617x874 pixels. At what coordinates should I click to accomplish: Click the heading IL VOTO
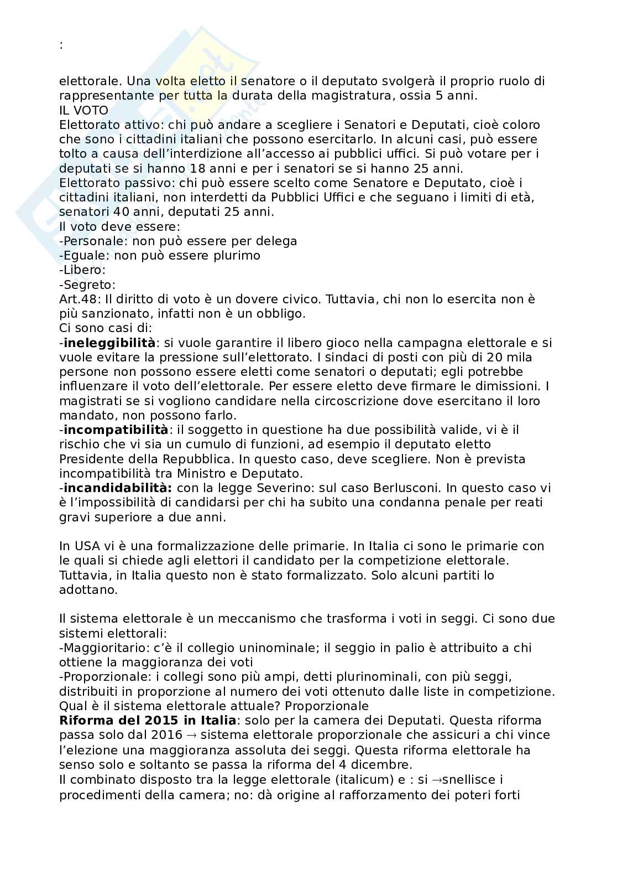(83, 110)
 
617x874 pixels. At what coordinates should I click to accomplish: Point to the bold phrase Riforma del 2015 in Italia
(148, 721)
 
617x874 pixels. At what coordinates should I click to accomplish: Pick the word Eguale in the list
(83, 256)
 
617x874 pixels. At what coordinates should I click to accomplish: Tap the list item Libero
(83, 270)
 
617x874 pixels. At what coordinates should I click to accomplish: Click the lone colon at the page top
(61, 46)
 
